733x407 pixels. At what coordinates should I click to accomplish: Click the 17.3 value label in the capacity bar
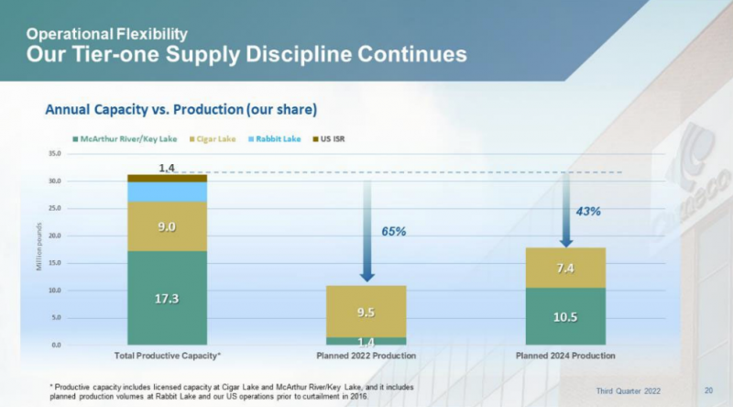pos(167,299)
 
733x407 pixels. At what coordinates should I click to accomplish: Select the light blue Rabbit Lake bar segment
pos(168,192)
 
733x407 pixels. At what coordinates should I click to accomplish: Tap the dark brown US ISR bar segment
pos(168,178)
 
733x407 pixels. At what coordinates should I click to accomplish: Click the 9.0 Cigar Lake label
pos(167,227)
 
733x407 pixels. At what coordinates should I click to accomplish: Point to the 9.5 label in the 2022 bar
pos(366,312)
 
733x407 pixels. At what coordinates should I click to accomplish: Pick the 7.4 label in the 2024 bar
pos(565,268)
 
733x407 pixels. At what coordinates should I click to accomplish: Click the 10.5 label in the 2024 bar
pos(565,317)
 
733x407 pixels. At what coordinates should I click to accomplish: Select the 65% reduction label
pos(394,231)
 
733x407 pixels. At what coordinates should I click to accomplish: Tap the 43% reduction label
pos(588,212)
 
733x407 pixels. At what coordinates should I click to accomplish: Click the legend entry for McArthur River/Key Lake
pos(125,139)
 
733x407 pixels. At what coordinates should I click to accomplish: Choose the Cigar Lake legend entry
pos(213,139)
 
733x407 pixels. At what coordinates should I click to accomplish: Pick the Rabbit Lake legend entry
pos(274,139)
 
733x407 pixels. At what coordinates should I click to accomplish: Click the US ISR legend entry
pos(329,139)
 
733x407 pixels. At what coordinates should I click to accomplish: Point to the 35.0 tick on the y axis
pos(55,153)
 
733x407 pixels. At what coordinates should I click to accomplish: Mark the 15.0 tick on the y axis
pos(55,263)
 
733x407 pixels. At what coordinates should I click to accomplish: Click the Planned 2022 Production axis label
pos(366,356)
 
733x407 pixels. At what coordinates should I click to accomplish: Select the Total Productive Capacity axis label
pos(168,356)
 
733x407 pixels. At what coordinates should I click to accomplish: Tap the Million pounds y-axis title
pos(38,247)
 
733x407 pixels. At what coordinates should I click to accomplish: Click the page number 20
pos(708,390)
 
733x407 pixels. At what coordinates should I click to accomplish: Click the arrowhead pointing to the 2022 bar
pos(367,277)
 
